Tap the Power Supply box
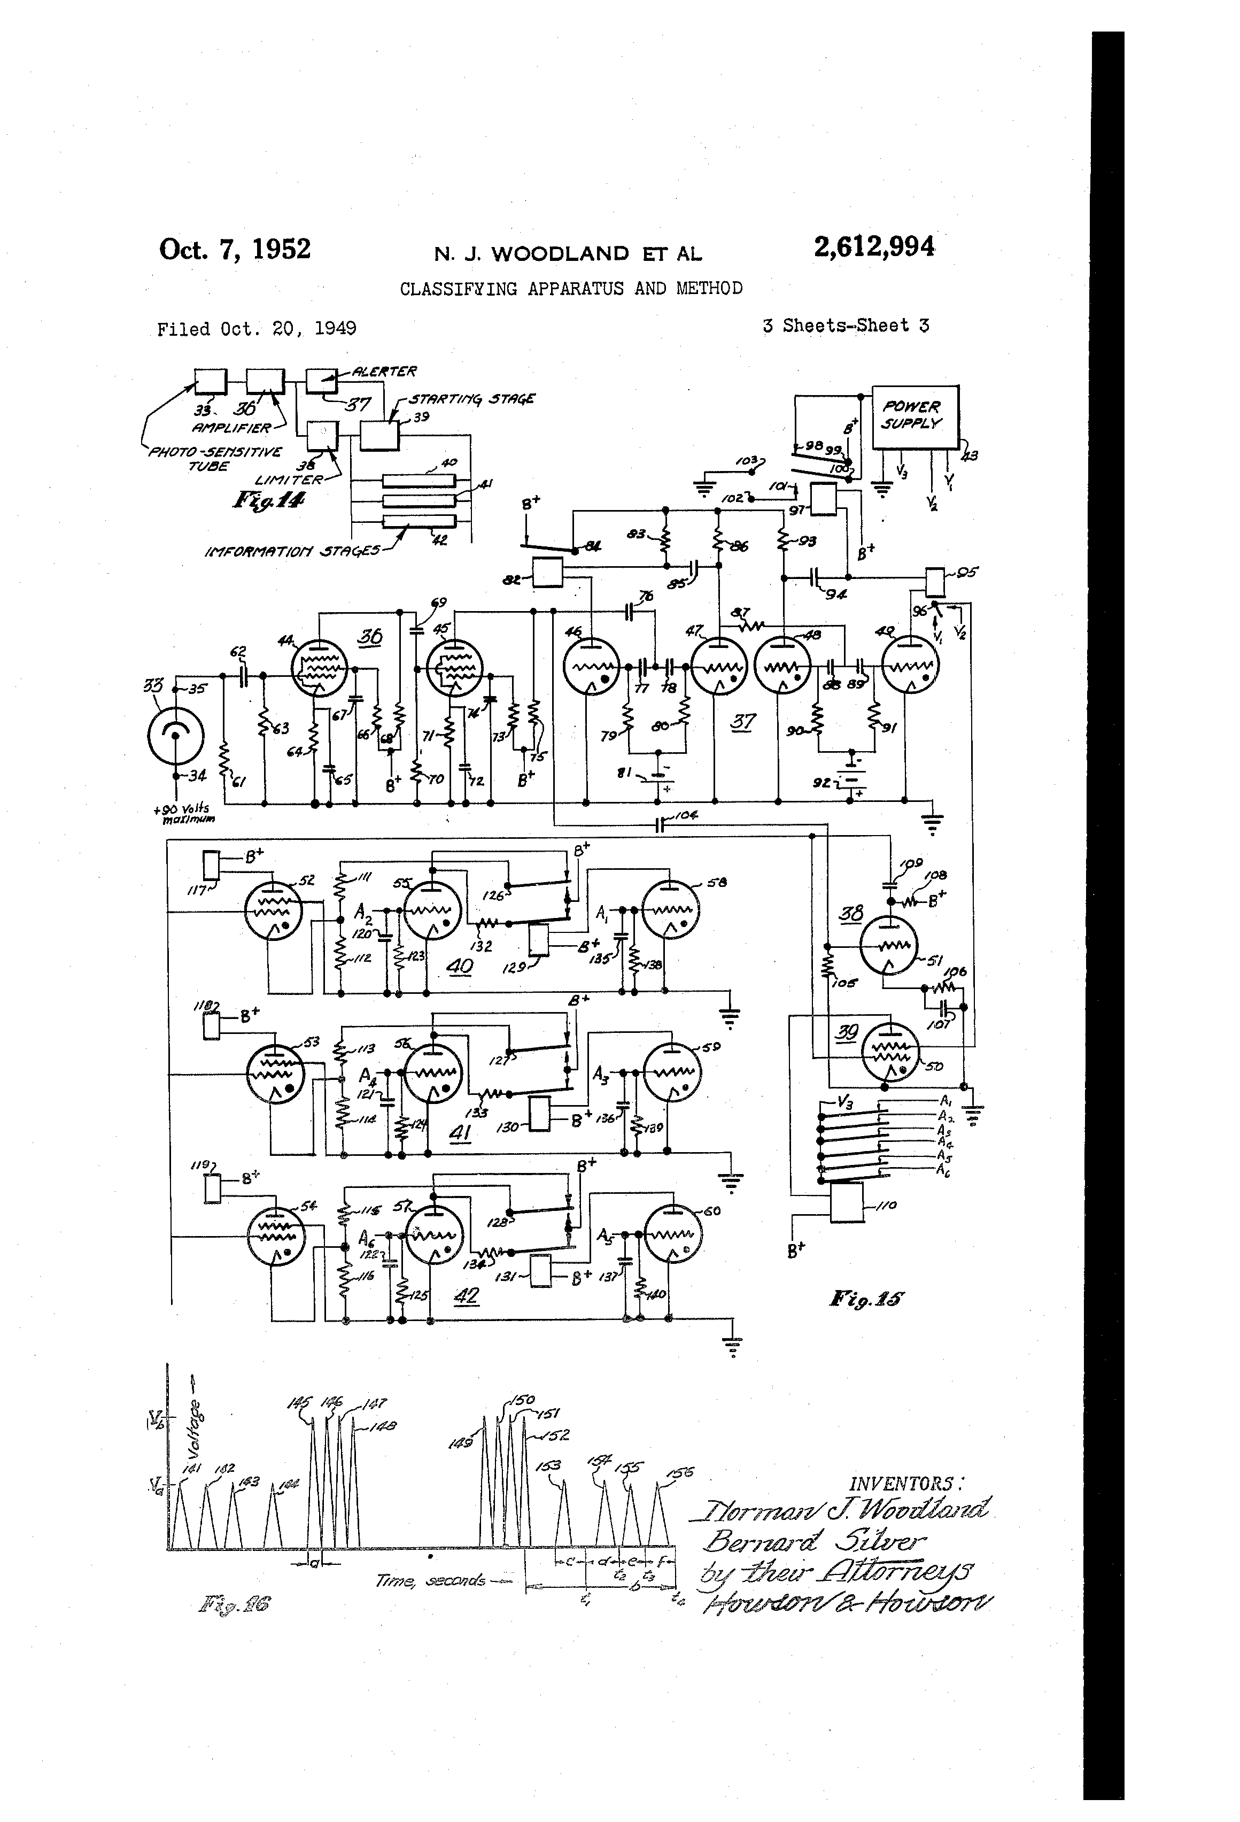(x=914, y=417)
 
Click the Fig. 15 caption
(x=865, y=1299)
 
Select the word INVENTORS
(x=905, y=1483)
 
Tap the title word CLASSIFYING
(x=459, y=289)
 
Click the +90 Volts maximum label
(x=184, y=814)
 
